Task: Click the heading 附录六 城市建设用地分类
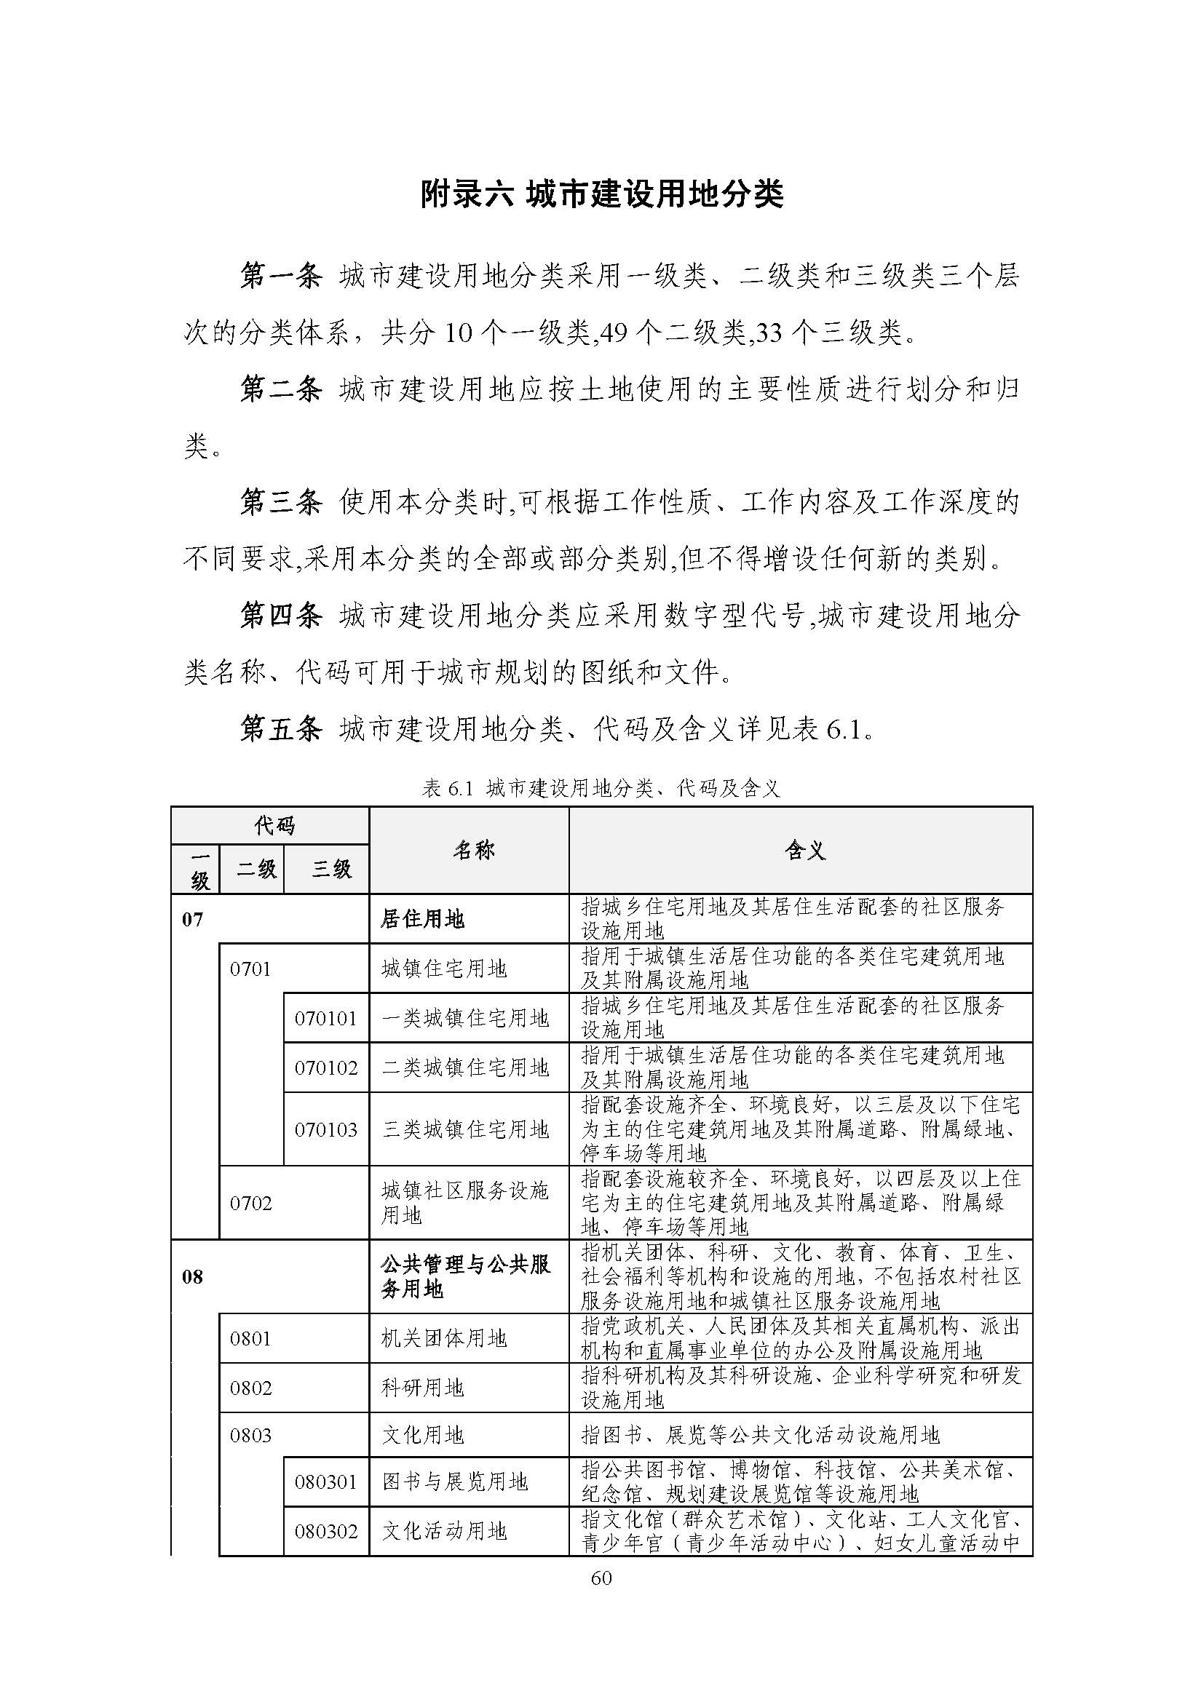[x=601, y=196]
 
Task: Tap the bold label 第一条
[x=281, y=277]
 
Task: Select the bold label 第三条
[x=281, y=503]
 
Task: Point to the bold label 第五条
[x=281, y=729]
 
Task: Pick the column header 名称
[x=474, y=850]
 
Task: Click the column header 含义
[x=805, y=850]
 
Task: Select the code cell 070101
[x=326, y=1019]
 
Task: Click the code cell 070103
[x=326, y=1130]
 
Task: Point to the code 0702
[x=250, y=1202]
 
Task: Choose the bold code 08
[x=192, y=1276]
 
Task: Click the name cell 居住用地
[x=423, y=919]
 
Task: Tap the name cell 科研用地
[x=423, y=1388]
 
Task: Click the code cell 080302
[x=326, y=1531]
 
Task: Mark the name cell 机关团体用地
[x=443, y=1338]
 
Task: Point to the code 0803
[x=250, y=1435]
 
